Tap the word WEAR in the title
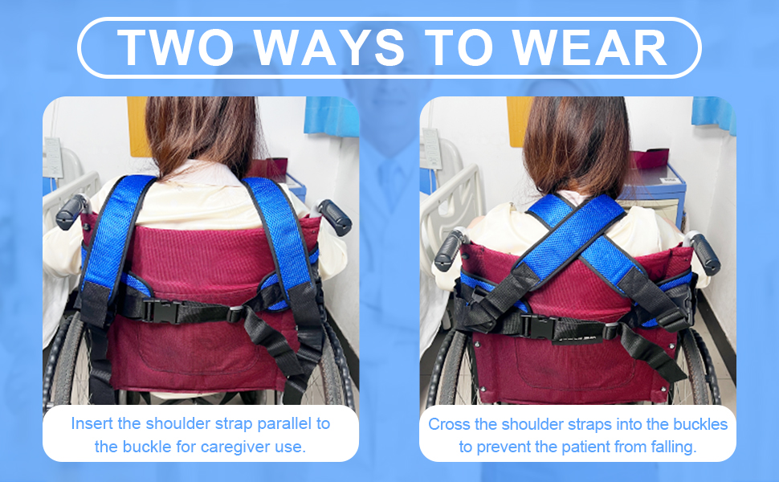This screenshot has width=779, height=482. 589,47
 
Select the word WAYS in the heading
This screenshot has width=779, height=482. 329,47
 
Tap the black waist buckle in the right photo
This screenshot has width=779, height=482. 539,326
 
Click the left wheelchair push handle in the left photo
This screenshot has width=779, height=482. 71,212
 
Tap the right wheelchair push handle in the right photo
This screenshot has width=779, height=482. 703,253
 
